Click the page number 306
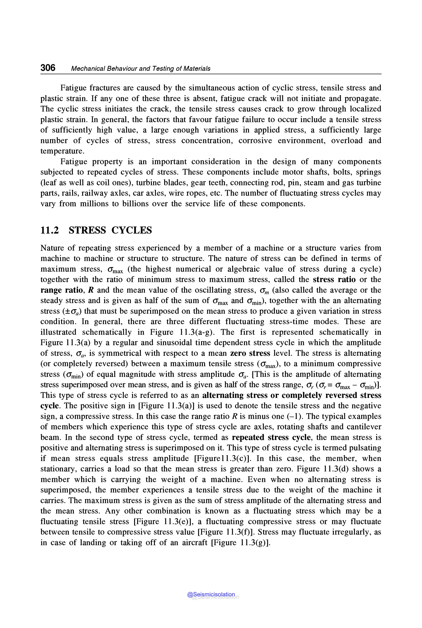click(x=48, y=68)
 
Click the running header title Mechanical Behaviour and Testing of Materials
click(x=141, y=69)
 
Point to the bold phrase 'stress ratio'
click(x=334, y=279)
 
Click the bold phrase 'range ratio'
click(x=61, y=290)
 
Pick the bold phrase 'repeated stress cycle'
click(x=271, y=437)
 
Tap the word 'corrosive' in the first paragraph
click(x=255, y=141)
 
